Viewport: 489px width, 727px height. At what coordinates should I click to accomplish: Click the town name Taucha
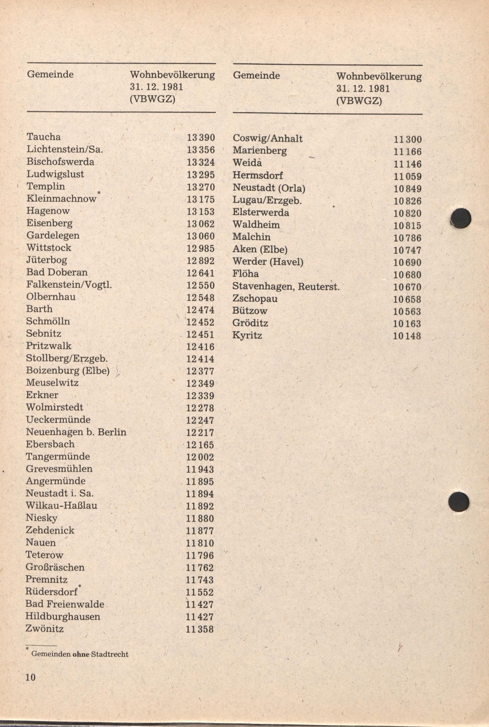pos(43,137)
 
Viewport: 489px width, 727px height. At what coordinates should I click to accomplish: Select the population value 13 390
pos(201,137)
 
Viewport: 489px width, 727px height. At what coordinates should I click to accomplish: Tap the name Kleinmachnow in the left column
pos(62,199)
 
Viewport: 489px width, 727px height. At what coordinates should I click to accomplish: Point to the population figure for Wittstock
pos(200,248)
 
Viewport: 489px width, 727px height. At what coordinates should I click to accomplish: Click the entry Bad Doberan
pos(57,272)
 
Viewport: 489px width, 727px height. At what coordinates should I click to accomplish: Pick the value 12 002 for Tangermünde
pos(200,457)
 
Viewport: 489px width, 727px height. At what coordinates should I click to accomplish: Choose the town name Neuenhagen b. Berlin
pos(76,432)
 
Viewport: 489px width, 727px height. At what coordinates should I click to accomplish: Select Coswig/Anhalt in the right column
pos(267,139)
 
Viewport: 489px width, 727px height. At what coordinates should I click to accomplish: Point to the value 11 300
pos(407,139)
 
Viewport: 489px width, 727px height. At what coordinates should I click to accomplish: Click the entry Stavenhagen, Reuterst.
pos(286,286)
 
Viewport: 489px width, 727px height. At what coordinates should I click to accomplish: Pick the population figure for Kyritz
pos(407,336)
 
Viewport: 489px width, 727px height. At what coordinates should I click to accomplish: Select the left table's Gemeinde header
pos(50,74)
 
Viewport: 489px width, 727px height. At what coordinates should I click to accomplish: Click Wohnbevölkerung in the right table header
pos(379,76)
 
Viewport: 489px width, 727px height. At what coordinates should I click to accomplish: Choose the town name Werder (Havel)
pos(268,262)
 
